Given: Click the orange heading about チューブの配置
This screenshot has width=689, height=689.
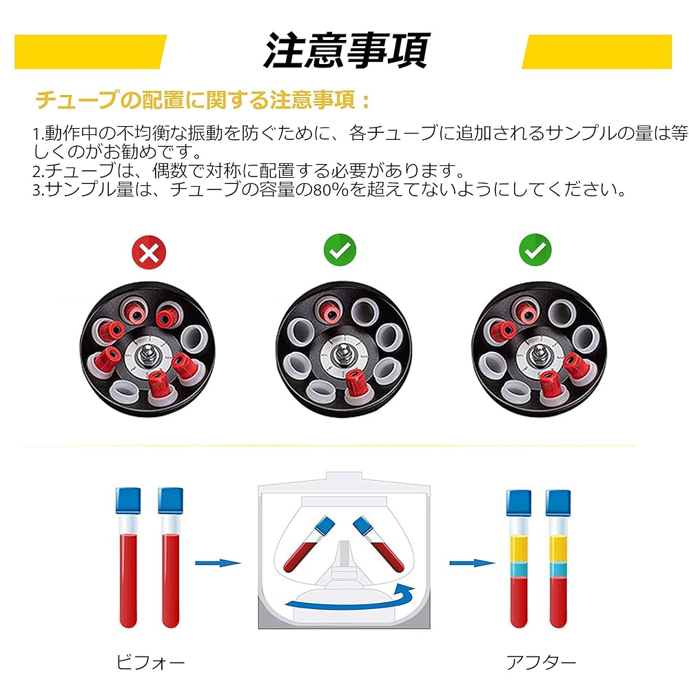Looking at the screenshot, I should coord(203,101).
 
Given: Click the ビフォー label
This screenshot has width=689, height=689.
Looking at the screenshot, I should coord(150,663).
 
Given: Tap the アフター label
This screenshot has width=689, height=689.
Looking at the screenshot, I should coord(541,663).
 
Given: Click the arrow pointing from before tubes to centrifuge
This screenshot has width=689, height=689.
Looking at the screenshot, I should coord(217,564).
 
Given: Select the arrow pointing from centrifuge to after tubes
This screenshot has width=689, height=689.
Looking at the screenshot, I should coord(473,564).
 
